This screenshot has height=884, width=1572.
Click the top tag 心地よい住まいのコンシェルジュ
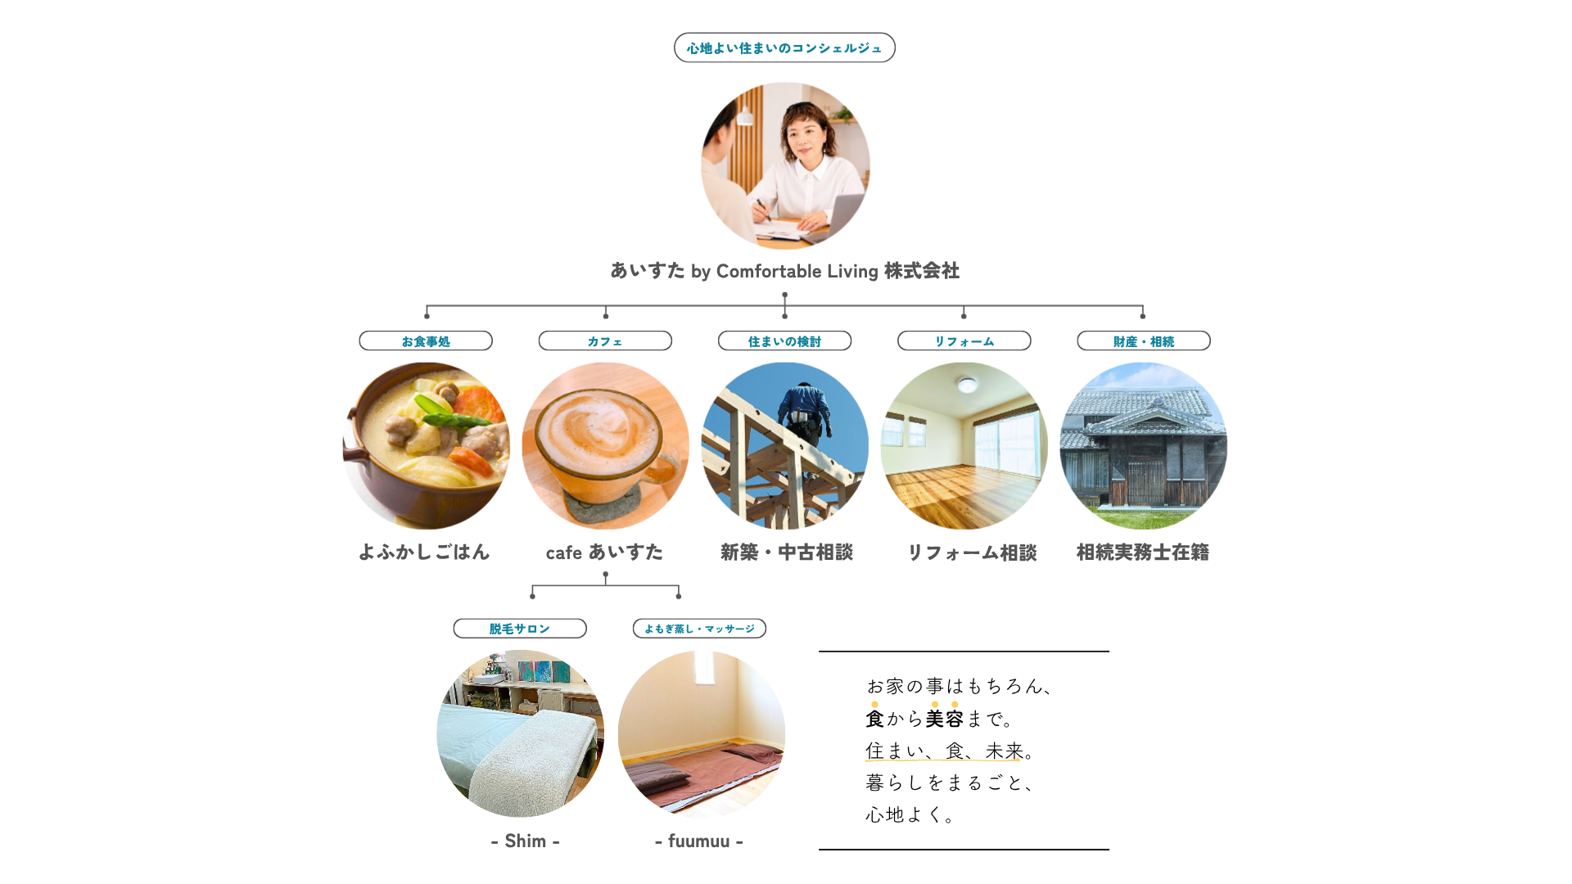(784, 47)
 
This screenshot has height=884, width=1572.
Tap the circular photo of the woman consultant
(785, 166)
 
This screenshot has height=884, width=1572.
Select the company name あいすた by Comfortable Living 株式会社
(784, 271)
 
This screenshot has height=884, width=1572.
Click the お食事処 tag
(426, 341)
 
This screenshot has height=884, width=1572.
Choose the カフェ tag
(605, 341)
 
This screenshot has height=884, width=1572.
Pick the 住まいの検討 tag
(784, 341)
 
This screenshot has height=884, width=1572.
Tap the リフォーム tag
(964, 341)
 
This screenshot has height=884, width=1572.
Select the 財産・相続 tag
(1144, 341)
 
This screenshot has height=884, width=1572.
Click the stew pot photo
(426, 446)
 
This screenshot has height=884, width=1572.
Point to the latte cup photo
(605, 446)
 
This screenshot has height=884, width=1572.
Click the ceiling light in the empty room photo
(967, 384)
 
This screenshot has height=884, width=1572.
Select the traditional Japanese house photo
(1144, 446)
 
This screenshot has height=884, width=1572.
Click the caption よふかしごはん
(424, 552)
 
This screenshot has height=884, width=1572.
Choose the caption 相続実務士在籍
(1143, 552)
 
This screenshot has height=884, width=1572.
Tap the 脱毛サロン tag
(520, 629)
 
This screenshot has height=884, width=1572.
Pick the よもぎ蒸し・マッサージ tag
(699, 629)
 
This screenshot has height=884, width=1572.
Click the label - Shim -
(526, 841)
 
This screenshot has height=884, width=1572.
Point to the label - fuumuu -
(699, 841)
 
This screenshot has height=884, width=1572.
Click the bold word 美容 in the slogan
(944, 719)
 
